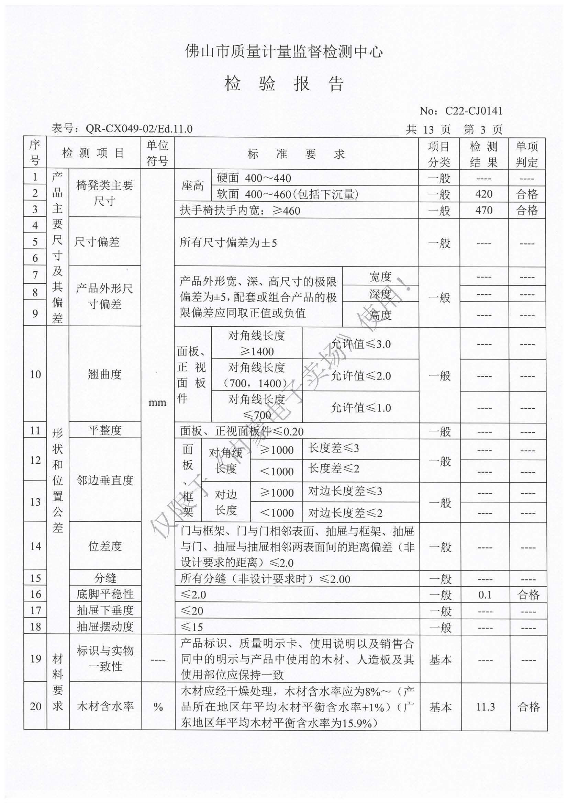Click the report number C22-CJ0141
click(474, 111)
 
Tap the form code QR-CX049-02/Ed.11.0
click(139, 129)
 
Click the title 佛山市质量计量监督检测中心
click(284, 52)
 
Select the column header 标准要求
click(296, 154)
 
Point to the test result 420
click(484, 194)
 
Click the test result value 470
click(484, 210)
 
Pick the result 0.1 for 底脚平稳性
click(485, 595)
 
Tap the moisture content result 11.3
click(486, 707)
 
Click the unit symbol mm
click(157, 403)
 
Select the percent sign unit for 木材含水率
click(158, 707)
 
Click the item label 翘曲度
click(105, 375)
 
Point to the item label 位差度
click(105, 546)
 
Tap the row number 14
click(35, 546)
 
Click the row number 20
click(35, 706)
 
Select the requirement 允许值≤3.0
click(361, 344)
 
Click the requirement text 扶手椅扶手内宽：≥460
click(240, 211)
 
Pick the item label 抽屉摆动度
click(105, 627)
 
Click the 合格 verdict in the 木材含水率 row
click(528, 707)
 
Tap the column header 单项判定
click(527, 154)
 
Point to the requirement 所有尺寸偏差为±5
click(228, 242)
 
